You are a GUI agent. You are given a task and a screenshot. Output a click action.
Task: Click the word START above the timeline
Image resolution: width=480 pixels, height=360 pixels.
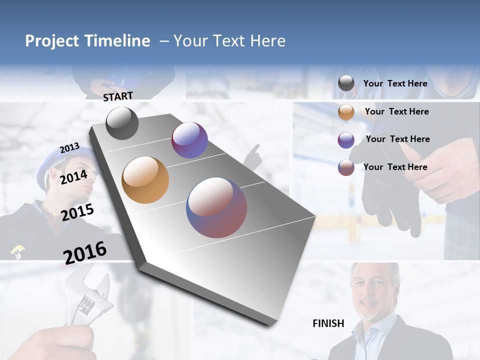coord(118,96)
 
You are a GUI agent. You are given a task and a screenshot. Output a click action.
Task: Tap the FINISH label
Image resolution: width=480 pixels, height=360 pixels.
coord(328,323)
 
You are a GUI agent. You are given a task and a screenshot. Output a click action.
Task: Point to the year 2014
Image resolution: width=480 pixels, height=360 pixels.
coord(73,177)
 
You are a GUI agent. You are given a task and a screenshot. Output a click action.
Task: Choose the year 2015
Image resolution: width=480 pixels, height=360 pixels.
coord(77,212)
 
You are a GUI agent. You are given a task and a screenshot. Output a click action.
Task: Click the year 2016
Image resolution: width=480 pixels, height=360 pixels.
coord(85,252)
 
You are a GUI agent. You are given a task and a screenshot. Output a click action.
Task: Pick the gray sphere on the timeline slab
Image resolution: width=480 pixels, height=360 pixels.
coord(122,123)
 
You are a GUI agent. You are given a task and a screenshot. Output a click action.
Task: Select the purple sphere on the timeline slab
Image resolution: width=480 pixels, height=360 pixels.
coord(189,140)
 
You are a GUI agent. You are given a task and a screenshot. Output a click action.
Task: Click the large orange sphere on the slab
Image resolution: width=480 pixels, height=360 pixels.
coord(145,180)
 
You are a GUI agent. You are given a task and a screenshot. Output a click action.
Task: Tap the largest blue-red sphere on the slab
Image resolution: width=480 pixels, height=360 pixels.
coord(216,207)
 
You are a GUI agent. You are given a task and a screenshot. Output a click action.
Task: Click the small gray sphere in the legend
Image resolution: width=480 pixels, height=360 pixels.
coord(346,83)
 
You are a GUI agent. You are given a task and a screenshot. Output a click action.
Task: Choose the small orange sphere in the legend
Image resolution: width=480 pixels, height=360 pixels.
coord(346,112)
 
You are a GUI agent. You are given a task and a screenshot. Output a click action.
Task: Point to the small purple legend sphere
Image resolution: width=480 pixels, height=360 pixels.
coord(346,140)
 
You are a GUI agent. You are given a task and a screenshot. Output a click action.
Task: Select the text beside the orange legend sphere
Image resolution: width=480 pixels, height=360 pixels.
coord(396,111)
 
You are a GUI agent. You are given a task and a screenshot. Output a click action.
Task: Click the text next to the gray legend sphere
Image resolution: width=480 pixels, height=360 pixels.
coord(395,83)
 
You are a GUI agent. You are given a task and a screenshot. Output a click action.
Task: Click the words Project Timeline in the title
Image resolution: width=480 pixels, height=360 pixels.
coord(87,41)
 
